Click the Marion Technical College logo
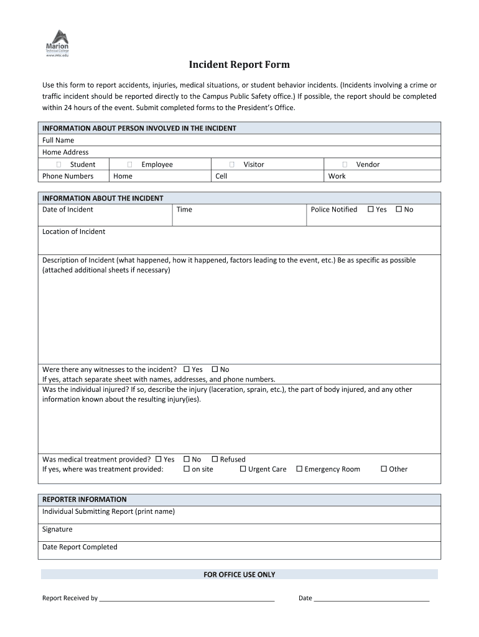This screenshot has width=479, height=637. (57, 44)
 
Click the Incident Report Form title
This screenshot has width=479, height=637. (240, 65)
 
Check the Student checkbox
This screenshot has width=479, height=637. (58, 164)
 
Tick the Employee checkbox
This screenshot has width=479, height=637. (129, 164)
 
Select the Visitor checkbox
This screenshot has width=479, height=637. (231, 164)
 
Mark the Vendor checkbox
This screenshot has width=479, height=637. (345, 164)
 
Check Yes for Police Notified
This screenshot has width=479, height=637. (371, 209)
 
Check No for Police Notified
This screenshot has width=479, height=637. (399, 209)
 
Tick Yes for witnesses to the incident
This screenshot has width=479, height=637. (187, 369)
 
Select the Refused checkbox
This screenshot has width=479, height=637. (215, 459)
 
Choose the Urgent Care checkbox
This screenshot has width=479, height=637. (243, 469)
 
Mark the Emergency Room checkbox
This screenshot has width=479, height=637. (299, 469)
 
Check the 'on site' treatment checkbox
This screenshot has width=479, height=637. (187, 469)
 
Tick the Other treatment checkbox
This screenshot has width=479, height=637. (384, 469)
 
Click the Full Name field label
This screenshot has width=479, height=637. (58, 141)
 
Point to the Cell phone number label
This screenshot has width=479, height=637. (221, 176)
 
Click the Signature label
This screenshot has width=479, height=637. (57, 529)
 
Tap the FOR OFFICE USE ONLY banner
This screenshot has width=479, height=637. (240, 575)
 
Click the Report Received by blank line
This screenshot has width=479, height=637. (187, 598)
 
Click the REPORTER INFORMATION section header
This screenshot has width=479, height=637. (84, 500)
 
